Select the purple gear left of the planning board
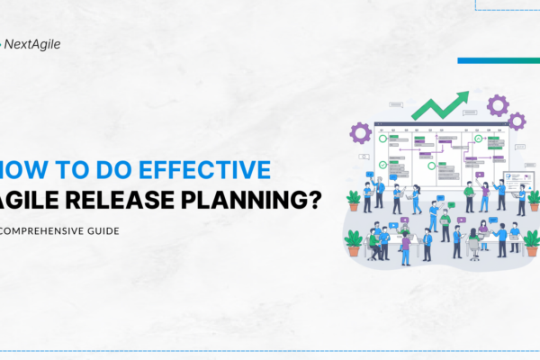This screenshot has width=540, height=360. pyautogui.click(x=361, y=133)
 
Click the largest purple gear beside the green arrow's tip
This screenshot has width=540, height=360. pyautogui.click(x=497, y=105)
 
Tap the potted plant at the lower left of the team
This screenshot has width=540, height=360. pyautogui.click(x=354, y=240)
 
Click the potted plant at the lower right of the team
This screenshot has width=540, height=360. pyautogui.click(x=531, y=241)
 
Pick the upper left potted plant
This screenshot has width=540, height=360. pyautogui.click(x=354, y=199)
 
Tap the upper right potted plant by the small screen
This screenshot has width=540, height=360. pyautogui.click(x=534, y=197)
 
